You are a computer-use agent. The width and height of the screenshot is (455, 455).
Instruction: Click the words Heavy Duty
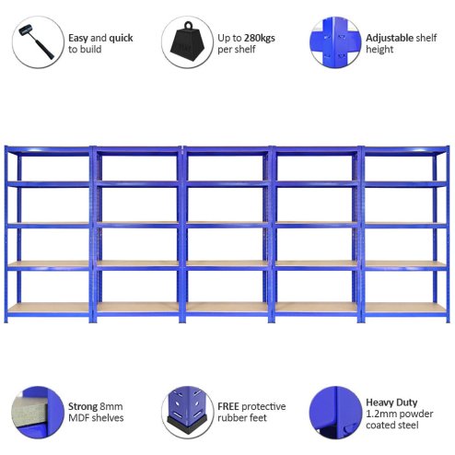coord(392,402)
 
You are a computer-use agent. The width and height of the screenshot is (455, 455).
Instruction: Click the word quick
coord(122,39)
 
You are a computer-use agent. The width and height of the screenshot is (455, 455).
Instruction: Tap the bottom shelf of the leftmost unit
coord(48,307)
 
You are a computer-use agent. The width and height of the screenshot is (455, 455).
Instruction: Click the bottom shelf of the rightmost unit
coord(405,307)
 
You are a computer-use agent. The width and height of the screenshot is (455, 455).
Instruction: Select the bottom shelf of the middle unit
coord(227,307)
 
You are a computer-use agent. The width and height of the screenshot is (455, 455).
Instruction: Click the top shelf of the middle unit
coord(227,150)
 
